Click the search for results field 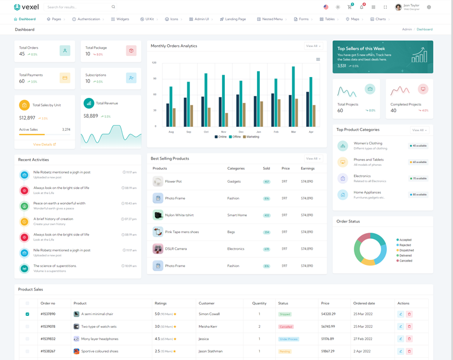tap(79, 7)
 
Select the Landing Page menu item tap(235, 19)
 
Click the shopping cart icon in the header tap(349, 7)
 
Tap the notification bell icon tap(361, 7)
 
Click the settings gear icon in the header tap(429, 7)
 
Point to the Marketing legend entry tap(253, 137)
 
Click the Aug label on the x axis tap(171, 132)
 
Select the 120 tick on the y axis tap(154, 62)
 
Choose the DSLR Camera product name tap(176, 248)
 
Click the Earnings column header tap(307, 169)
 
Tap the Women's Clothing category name tap(368, 143)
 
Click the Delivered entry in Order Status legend tap(405, 255)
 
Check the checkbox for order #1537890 tap(27, 314)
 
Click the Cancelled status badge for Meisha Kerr tap(286, 327)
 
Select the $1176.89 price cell tap(328, 339)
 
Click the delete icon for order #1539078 tap(409, 327)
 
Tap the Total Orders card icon tap(65, 51)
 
